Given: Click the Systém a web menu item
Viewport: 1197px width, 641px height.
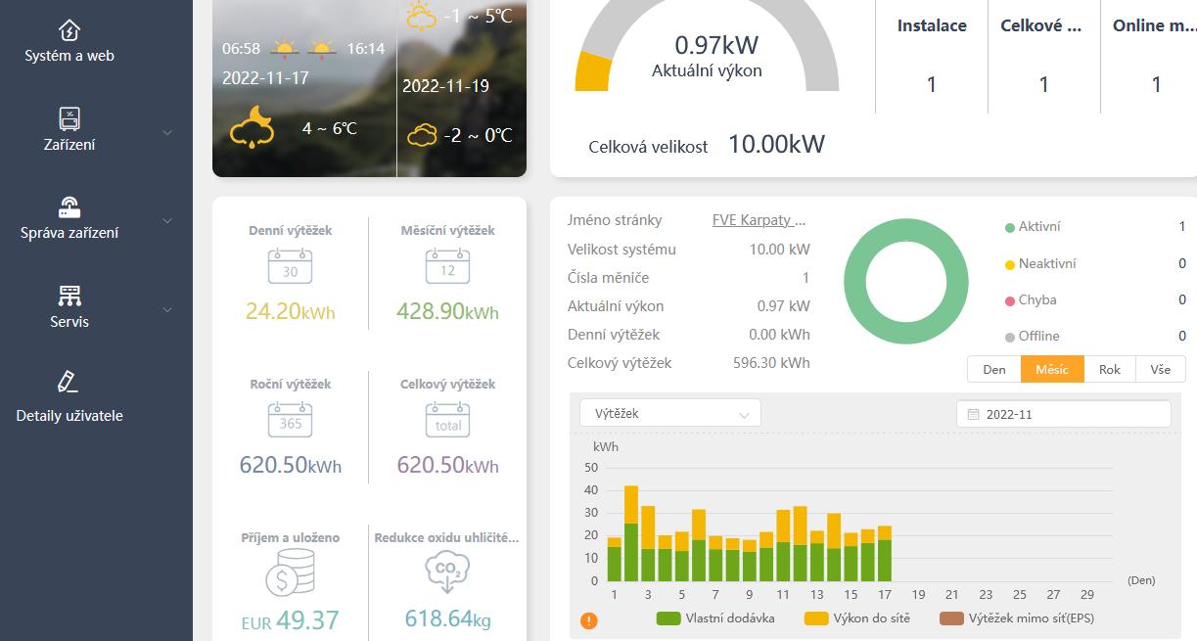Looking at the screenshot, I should [69, 41].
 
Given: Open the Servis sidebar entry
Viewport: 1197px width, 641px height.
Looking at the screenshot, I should [69, 306].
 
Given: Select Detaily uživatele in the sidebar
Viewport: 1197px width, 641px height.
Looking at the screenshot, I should [69, 396].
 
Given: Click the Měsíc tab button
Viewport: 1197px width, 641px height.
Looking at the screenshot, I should [1052, 369].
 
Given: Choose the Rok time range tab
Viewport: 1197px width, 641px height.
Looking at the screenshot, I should [1109, 369].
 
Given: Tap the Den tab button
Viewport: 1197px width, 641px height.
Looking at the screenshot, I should [993, 369].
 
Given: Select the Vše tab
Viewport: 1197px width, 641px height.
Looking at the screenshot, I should [1160, 369].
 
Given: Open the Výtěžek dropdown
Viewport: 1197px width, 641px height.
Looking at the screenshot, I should [669, 413].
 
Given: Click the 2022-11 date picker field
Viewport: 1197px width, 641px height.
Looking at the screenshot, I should [1063, 414].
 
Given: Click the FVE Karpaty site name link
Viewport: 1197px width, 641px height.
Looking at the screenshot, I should [759, 220].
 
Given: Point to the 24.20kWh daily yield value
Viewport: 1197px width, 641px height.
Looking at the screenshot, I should [290, 312].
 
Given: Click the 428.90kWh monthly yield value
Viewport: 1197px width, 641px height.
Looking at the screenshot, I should [447, 312].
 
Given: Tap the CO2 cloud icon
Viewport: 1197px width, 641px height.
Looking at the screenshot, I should [447, 572].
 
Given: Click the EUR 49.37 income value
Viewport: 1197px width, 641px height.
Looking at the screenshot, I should [290, 619].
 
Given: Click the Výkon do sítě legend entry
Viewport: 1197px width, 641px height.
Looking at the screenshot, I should [857, 618].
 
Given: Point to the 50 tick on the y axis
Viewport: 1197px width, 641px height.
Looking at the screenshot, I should [590, 467].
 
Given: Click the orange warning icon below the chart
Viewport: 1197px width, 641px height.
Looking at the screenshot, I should [589, 620].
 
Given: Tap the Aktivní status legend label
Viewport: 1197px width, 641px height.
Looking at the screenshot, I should [1038, 227].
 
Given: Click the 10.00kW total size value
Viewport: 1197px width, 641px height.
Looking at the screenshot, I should [776, 145].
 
